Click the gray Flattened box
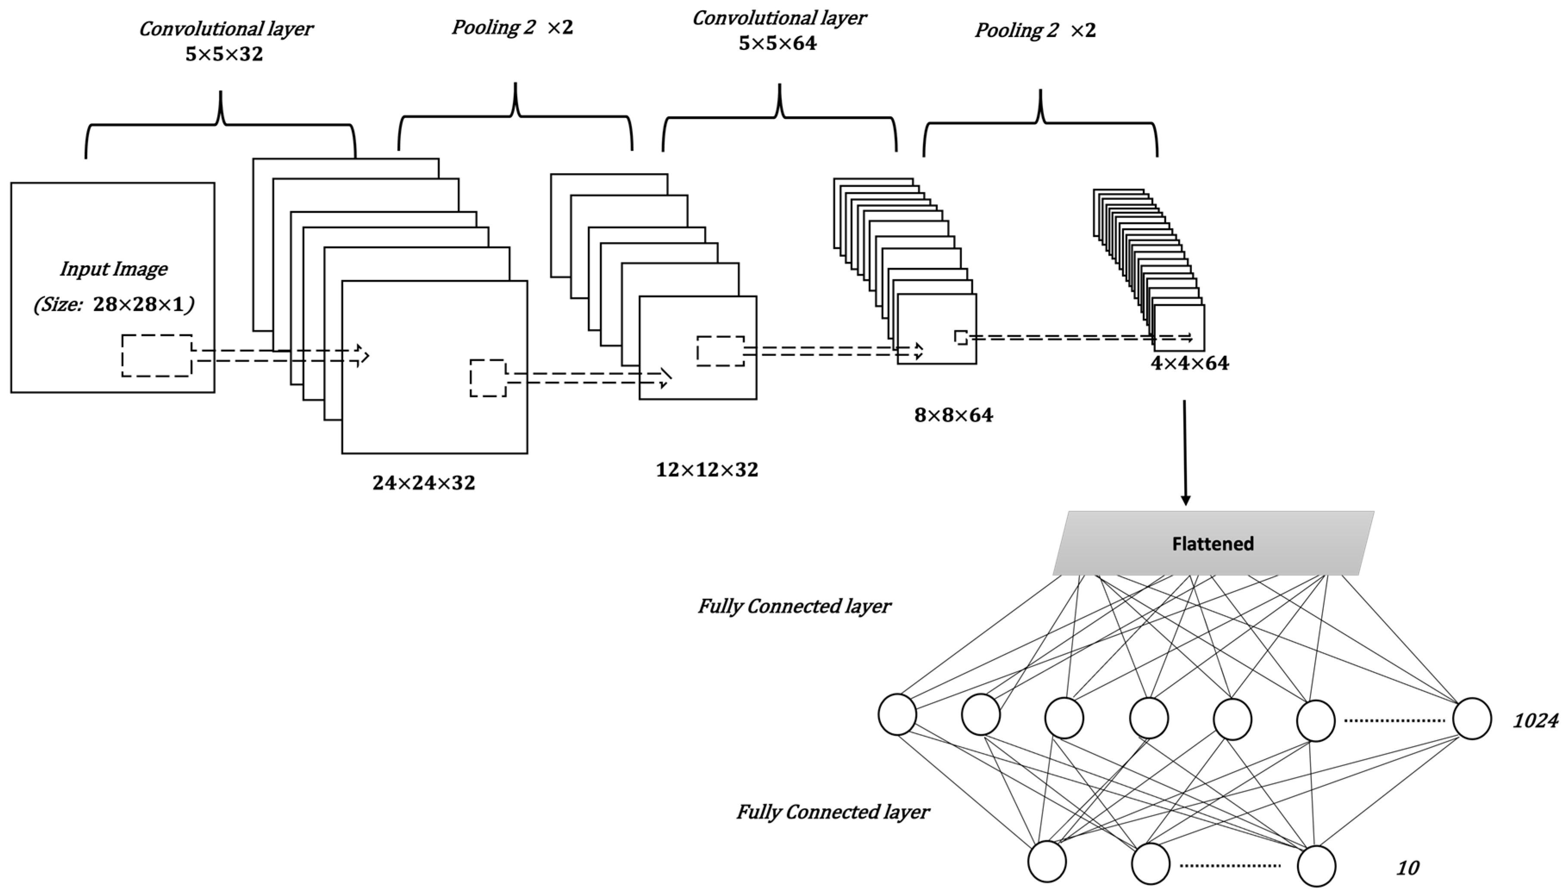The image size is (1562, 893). (x=1213, y=543)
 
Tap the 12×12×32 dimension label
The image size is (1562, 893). (x=707, y=470)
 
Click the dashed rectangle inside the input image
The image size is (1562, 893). (x=157, y=356)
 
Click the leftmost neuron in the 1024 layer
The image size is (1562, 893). (x=897, y=715)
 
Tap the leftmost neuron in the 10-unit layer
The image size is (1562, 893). (x=1047, y=861)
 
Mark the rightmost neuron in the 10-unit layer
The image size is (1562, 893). (x=1316, y=866)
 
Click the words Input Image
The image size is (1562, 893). (x=113, y=269)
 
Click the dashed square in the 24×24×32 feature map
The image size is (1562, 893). (x=488, y=378)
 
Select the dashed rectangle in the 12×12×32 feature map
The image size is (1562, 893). (x=721, y=352)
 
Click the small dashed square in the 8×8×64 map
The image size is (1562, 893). (x=961, y=337)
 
